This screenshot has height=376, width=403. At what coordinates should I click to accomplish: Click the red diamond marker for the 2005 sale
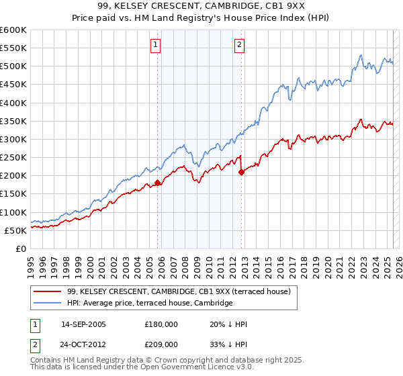click(x=158, y=182)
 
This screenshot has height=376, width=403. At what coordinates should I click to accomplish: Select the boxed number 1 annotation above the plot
click(x=155, y=45)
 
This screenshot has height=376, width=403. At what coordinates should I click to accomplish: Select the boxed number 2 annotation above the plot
click(x=239, y=45)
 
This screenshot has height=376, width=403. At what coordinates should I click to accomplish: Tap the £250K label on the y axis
click(x=13, y=158)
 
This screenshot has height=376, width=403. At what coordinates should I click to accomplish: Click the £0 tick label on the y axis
click(x=20, y=248)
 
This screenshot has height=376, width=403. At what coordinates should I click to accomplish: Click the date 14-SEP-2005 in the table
click(x=83, y=324)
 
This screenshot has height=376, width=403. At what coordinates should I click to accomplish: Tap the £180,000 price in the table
click(x=161, y=324)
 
